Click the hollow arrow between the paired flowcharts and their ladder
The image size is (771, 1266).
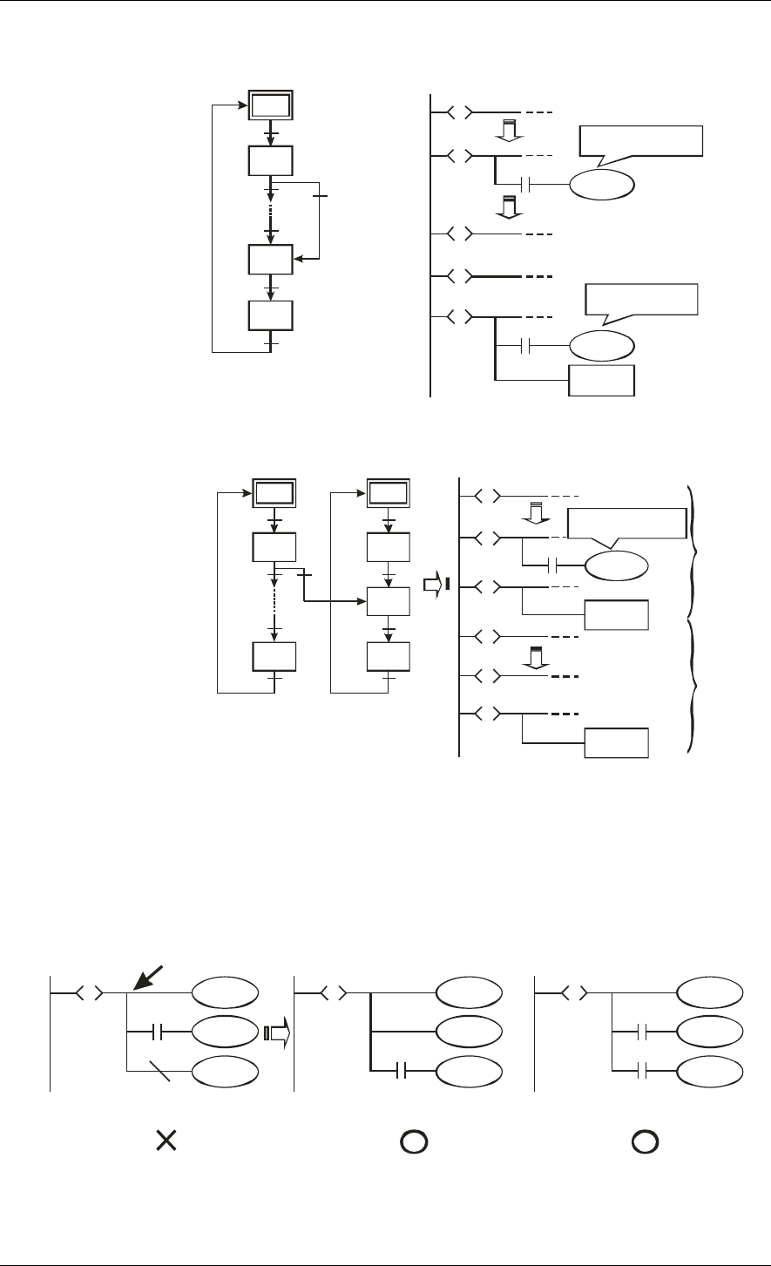click(x=434, y=585)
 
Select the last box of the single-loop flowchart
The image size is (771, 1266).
click(x=270, y=315)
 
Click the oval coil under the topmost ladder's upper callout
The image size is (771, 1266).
click(x=602, y=185)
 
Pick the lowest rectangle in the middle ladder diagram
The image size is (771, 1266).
click(x=617, y=742)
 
